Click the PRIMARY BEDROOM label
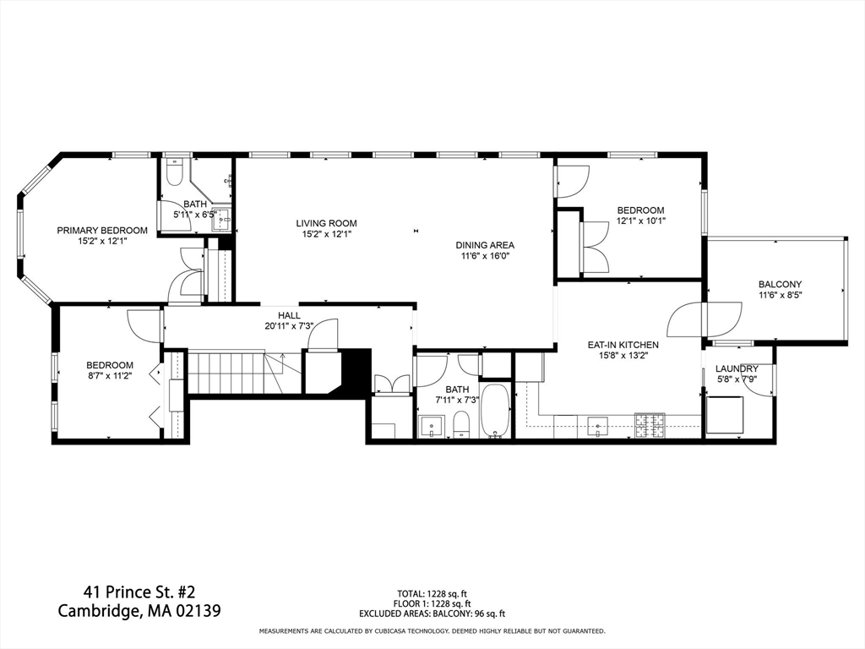102,230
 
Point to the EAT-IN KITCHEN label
623,345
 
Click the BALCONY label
779,284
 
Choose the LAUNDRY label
737,368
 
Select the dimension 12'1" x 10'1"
640,221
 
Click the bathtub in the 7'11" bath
494,412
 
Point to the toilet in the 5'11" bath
174,173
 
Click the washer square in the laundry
724,413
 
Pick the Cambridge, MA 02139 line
139,610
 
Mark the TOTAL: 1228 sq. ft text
432,593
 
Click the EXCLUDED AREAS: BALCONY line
432,614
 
